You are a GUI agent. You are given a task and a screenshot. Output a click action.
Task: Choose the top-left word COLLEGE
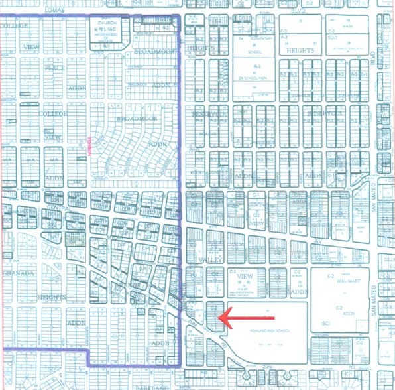(x=14, y=27)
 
